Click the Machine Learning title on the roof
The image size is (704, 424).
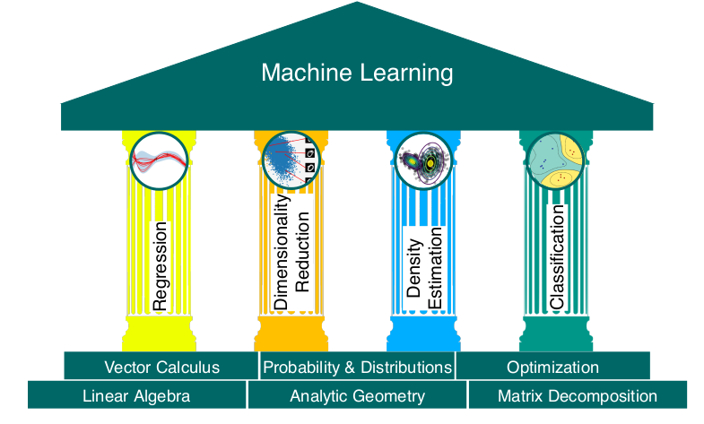[x=357, y=73]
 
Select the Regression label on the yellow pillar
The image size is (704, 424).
[x=161, y=266]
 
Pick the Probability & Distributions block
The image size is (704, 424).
[x=357, y=367]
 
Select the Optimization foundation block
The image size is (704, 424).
[x=552, y=367]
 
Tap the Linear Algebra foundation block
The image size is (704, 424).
[x=136, y=395]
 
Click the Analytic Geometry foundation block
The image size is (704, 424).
[x=357, y=395]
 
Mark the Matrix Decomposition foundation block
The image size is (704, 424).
[x=577, y=395]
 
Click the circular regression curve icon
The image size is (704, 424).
[x=160, y=161]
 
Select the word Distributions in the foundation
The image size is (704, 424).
[x=406, y=367]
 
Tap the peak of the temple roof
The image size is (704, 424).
[x=358, y=4]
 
